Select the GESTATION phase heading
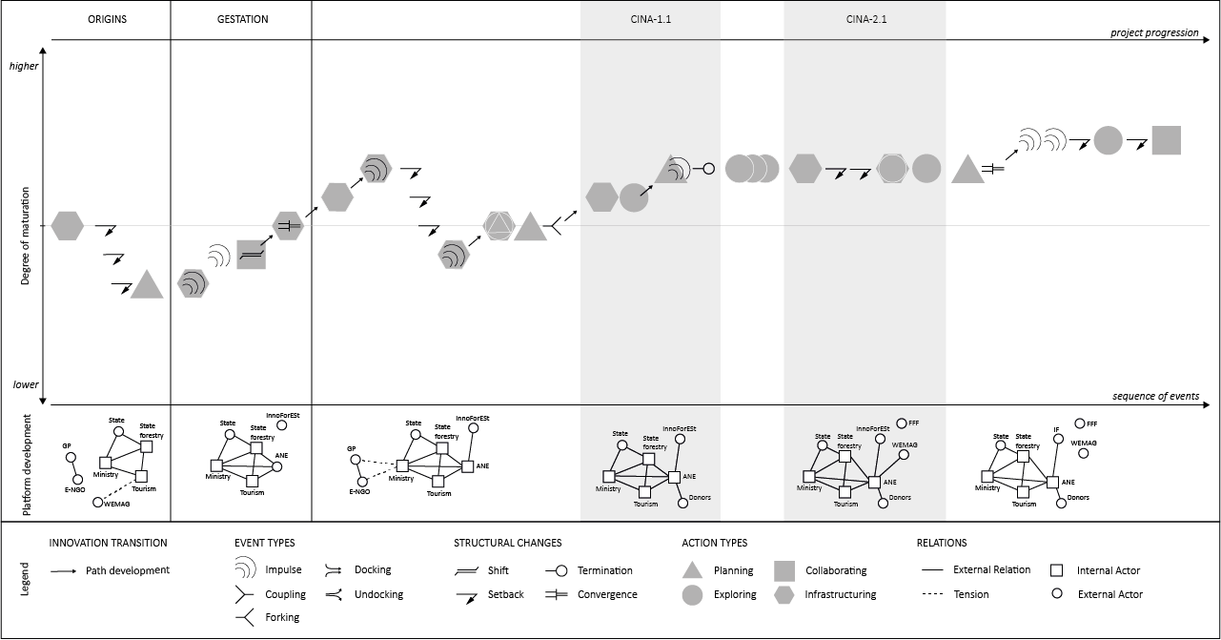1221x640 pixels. coord(242,19)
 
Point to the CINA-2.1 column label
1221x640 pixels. coord(865,19)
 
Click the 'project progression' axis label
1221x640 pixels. coord(1154,32)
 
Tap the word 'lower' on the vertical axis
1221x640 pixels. coord(26,384)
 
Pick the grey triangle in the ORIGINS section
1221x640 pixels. coord(146,286)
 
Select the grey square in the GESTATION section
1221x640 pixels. coord(251,255)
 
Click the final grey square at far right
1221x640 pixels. coord(1166,140)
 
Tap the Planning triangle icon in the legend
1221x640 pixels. coord(693,570)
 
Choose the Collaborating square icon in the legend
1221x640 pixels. coord(785,570)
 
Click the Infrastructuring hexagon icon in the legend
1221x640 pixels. coord(785,594)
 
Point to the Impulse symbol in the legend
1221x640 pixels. coord(246,570)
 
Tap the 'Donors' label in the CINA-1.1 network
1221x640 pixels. coord(699,498)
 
